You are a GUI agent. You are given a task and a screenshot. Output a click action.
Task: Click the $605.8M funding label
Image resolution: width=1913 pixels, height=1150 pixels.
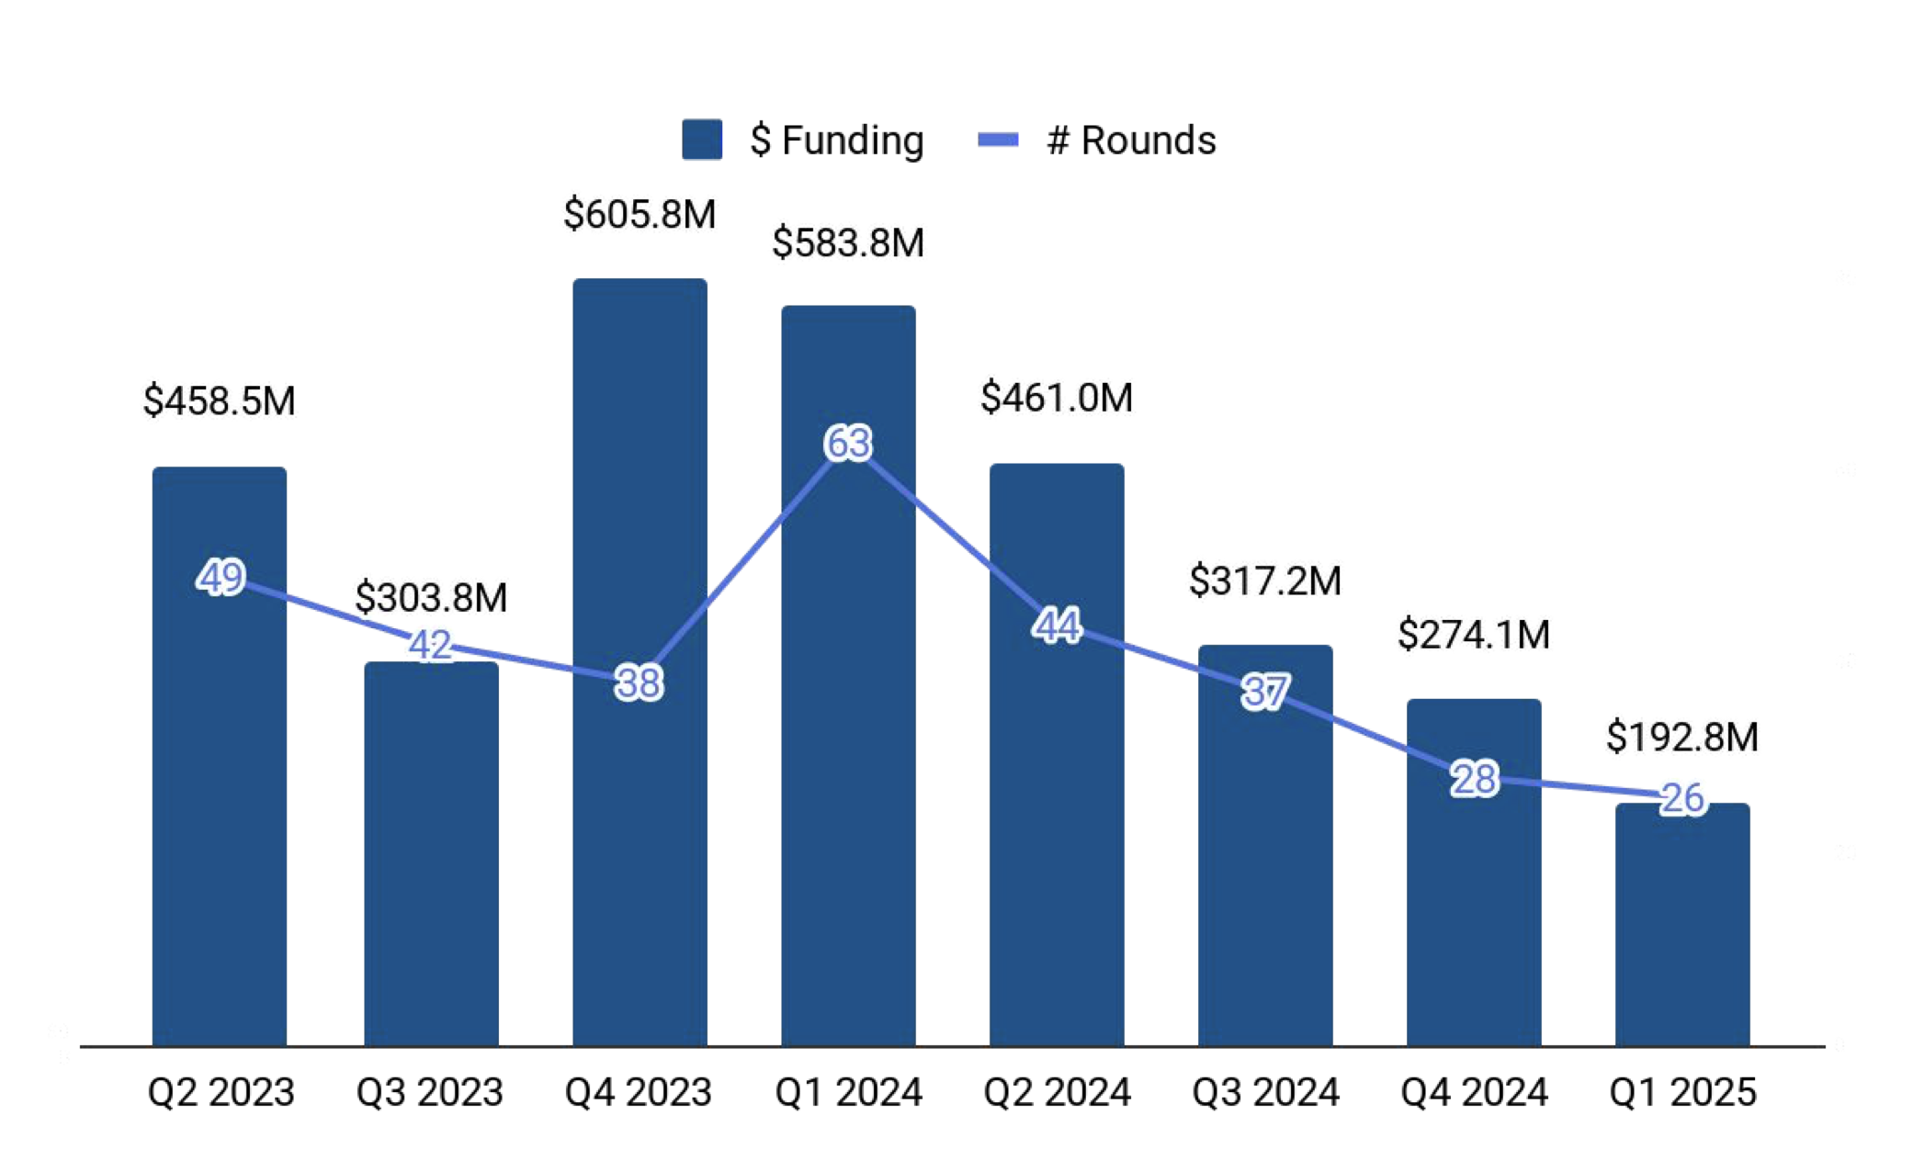[x=640, y=214]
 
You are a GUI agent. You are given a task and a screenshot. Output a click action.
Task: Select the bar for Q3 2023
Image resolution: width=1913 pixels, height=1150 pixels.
[x=431, y=854]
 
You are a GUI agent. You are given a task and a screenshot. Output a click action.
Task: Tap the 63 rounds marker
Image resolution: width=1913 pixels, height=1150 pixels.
[x=847, y=443]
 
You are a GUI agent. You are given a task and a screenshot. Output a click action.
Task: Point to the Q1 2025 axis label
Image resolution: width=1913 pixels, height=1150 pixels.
[x=1682, y=1092]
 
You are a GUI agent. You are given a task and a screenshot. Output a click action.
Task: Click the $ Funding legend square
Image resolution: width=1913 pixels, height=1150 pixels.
[x=702, y=140]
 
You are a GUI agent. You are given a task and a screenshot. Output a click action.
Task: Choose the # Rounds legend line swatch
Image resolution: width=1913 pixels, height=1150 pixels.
[x=998, y=140]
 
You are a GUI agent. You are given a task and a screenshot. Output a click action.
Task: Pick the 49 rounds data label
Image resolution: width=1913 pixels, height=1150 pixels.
[x=221, y=578]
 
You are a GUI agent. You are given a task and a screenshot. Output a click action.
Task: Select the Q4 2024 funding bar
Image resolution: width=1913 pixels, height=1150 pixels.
[x=1474, y=873]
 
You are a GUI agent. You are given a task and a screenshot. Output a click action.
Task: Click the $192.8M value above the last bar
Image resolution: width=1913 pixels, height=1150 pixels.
[x=1682, y=737]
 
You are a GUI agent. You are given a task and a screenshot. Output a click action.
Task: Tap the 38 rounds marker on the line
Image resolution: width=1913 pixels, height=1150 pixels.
[x=639, y=683]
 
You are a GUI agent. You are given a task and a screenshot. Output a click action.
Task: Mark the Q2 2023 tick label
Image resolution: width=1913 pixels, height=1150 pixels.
[x=221, y=1092]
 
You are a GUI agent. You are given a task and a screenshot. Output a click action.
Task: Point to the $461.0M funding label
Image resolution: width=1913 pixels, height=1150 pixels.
[x=1057, y=398]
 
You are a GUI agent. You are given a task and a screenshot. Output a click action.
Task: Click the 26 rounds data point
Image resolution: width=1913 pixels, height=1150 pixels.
[x=1682, y=797]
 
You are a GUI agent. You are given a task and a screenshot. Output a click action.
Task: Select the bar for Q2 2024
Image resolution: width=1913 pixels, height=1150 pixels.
[x=1057, y=753]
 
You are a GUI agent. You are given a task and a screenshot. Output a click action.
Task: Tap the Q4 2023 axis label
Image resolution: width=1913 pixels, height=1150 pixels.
[x=639, y=1092]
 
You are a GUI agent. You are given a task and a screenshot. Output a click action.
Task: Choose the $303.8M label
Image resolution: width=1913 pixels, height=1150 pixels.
[x=431, y=598]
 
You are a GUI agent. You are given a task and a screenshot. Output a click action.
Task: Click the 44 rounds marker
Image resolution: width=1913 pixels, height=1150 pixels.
[x=1057, y=626]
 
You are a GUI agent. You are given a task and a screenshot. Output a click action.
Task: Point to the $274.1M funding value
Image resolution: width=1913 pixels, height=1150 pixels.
[x=1474, y=635]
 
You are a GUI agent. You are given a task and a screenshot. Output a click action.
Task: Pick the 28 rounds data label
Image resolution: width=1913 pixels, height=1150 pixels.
[x=1474, y=779]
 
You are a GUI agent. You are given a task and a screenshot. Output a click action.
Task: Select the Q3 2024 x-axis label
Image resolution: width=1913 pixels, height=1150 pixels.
[x=1265, y=1092]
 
